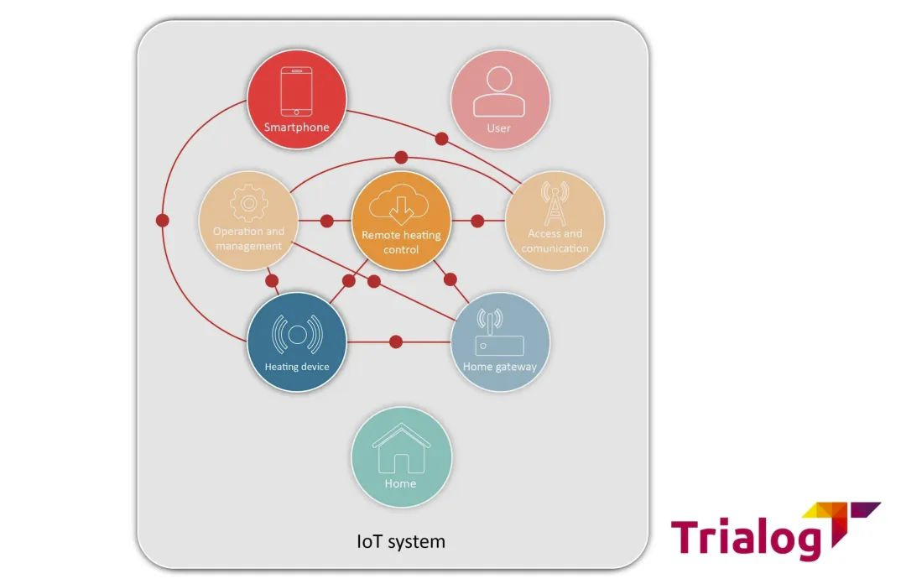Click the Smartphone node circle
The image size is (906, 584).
(297, 100)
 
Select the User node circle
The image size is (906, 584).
(500, 100)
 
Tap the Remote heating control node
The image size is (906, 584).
(401, 221)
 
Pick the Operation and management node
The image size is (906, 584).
(248, 221)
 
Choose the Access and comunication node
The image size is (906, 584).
(555, 221)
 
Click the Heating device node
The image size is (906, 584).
(297, 342)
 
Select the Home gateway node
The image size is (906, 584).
(500, 342)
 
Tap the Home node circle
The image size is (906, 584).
(401, 456)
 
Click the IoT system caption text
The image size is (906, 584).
(401, 542)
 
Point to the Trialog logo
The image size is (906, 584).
(775, 531)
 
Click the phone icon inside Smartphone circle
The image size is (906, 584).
(296, 91)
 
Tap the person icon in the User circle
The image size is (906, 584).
(499, 91)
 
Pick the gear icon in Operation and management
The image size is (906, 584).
(248, 203)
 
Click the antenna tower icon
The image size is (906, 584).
(555, 204)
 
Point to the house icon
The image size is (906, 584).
(401, 448)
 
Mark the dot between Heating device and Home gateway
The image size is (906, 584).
(396, 342)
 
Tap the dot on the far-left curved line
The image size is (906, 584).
(163, 220)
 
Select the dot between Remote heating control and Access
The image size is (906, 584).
(477, 221)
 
